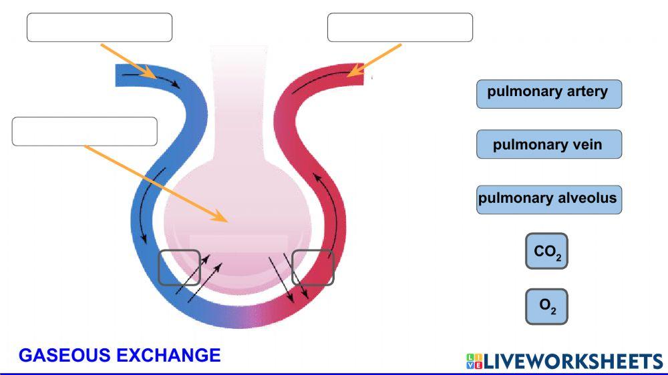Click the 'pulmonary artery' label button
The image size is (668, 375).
pyautogui.click(x=548, y=93)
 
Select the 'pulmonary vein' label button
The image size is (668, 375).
pyautogui.click(x=548, y=144)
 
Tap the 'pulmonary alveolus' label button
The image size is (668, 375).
pyautogui.click(x=548, y=199)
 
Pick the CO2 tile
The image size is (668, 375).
pyautogui.click(x=546, y=252)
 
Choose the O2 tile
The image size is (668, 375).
pyautogui.click(x=546, y=306)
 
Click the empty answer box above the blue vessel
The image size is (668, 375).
pyautogui.click(x=99, y=27)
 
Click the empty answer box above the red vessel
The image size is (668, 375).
pyautogui.click(x=399, y=27)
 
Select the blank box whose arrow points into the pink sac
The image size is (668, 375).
pyautogui.click(x=84, y=131)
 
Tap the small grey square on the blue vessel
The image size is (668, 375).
pyautogui.click(x=179, y=268)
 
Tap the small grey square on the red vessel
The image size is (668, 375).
pyautogui.click(x=313, y=268)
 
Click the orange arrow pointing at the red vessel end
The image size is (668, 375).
pyautogui.click(x=375, y=59)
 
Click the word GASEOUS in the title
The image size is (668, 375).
pyautogui.click(x=65, y=355)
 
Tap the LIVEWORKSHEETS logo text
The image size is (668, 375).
pyautogui.click(x=571, y=362)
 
